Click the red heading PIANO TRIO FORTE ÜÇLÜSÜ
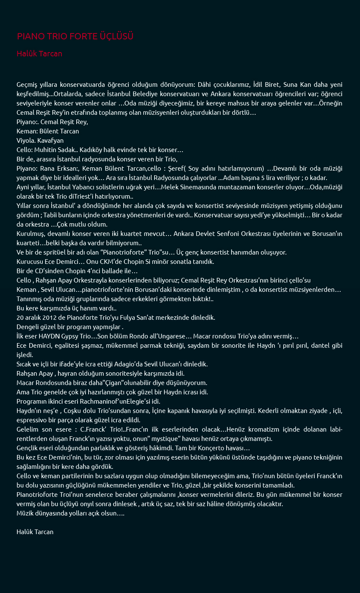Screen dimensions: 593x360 [75, 36]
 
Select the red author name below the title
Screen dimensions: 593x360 [39, 54]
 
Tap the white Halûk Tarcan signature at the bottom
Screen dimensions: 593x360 [35, 532]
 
